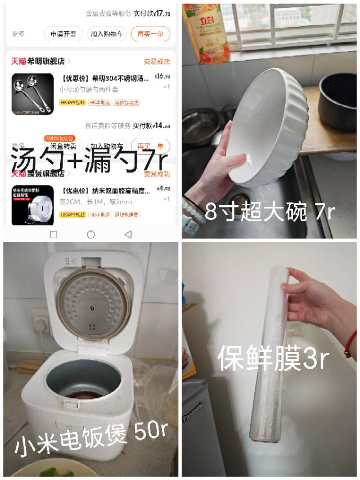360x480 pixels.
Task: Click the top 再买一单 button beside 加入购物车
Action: point(150,34)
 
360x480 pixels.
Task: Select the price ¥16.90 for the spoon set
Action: point(162,77)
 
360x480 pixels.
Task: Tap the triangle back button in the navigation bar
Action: point(128,234)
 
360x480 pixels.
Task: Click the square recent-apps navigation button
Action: point(53,234)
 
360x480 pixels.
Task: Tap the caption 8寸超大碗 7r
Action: point(270,212)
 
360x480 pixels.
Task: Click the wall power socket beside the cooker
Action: point(40,322)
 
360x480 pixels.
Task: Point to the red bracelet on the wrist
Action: point(350,343)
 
